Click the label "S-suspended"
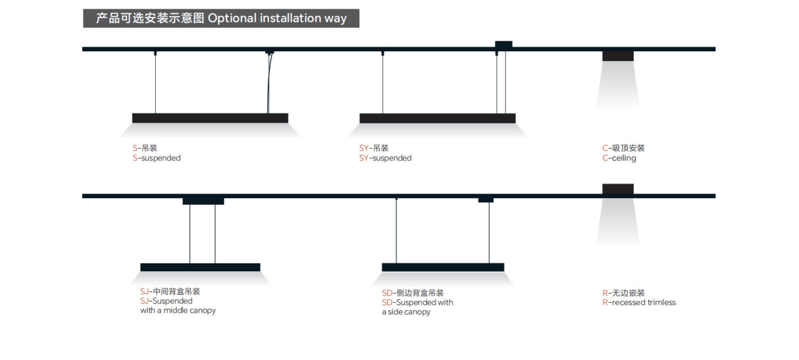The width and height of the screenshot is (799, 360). pyautogui.click(x=157, y=159)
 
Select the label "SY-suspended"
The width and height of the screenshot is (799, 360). pyautogui.click(x=385, y=159)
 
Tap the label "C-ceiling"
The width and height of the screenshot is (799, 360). pyautogui.click(x=619, y=159)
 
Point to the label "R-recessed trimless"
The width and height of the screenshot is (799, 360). pyautogui.click(x=638, y=303)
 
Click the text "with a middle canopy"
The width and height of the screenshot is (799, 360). pyautogui.click(x=178, y=311)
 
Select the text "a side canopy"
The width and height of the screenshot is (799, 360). pyautogui.click(x=406, y=312)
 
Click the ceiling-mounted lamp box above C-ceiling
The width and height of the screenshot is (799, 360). pyautogui.click(x=618, y=56)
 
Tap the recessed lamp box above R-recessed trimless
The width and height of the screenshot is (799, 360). pyautogui.click(x=618, y=189)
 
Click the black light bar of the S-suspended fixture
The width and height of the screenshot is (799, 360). pyautogui.click(x=210, y=118)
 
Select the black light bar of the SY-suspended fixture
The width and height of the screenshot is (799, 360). pyautogui.click(x=437, y=118)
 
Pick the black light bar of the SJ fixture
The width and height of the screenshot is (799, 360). pyautogui.click(x=200, y=267)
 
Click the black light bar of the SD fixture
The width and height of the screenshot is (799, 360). pyautogui.click(x=443, y=267)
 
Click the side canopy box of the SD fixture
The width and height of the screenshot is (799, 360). pyautogui.click(x=486, y=199)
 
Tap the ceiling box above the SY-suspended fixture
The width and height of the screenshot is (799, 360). pyautogui.click(x=503, y=44)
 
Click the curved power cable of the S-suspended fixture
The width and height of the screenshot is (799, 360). pyautogui.click(x=269, y=86)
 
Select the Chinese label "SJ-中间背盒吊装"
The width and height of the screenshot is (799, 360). pyautogui.click(x=170, y=292)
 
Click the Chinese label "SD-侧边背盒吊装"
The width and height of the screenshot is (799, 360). pyautogui.click(x=413, y=293)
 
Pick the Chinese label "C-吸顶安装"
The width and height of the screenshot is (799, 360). pyautogui.click(x=623, y=148)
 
